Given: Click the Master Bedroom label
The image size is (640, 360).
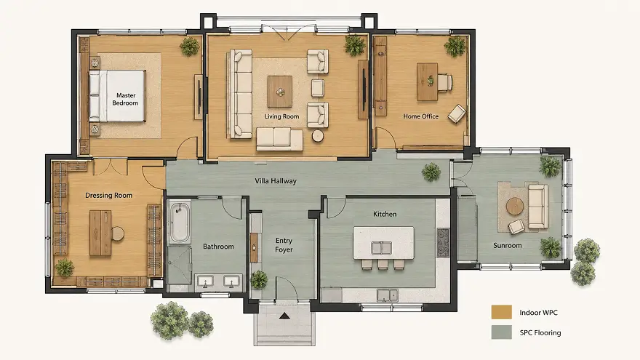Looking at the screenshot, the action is pos(125,99).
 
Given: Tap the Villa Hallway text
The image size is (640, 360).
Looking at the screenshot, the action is pos(276,181).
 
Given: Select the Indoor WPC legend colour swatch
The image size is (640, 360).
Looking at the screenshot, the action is pos(501,312).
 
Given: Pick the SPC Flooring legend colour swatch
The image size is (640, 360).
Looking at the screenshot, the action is pos(501,332).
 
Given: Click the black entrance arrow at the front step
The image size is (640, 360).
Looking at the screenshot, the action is pos(284,316).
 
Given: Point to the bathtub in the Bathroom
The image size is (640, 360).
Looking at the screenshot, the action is pos(180,222).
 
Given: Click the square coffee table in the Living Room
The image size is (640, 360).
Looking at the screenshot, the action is pos(280,92).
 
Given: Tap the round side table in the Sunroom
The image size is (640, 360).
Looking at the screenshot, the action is pos(515,206).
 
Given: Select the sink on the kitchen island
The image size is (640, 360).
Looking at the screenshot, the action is pos(381,247).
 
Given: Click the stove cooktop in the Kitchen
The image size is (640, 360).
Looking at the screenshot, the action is pos(442,242).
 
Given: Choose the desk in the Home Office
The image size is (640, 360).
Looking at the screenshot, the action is pos(427,81).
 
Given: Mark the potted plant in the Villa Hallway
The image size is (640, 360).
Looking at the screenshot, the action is pos(431,172).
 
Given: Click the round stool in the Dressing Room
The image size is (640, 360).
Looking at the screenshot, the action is pos(117,233).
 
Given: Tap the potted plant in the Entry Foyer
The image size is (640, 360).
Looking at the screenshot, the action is pos(259,279).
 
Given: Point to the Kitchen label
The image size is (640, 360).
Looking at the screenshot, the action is pos(385,214).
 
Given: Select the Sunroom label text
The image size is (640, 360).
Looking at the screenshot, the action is pos(508,245).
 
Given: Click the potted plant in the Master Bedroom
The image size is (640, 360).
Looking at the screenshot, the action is pos(189,47).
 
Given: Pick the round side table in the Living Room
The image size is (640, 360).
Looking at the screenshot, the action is pos(318,136).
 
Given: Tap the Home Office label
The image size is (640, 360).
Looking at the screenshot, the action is pos(421,116).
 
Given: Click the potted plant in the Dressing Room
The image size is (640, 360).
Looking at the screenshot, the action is pos(65,268).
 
